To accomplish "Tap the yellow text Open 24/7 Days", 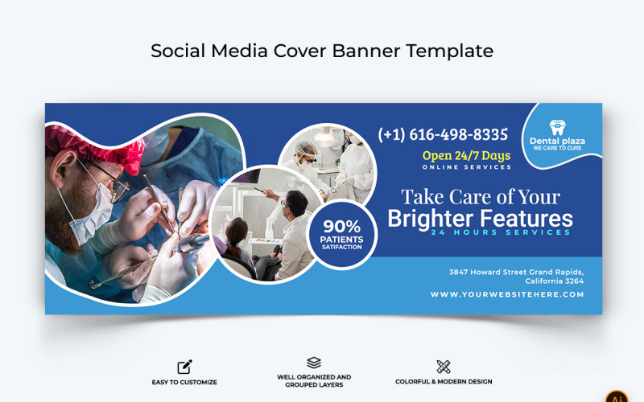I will (466, 155).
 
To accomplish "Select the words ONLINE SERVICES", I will (466, 167).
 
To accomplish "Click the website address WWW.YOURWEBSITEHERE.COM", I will (506, 294).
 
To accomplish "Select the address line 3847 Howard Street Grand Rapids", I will (516, 272).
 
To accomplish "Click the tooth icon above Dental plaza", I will (557, 127).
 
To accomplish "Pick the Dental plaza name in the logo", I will (557, 141).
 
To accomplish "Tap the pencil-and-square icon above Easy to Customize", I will (184, 367).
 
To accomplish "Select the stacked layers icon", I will (314, 363).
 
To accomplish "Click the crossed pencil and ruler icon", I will (443, 367).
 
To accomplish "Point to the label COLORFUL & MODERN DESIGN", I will (444, 382).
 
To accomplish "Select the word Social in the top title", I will (178, 51).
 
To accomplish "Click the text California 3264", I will (554, 281).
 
